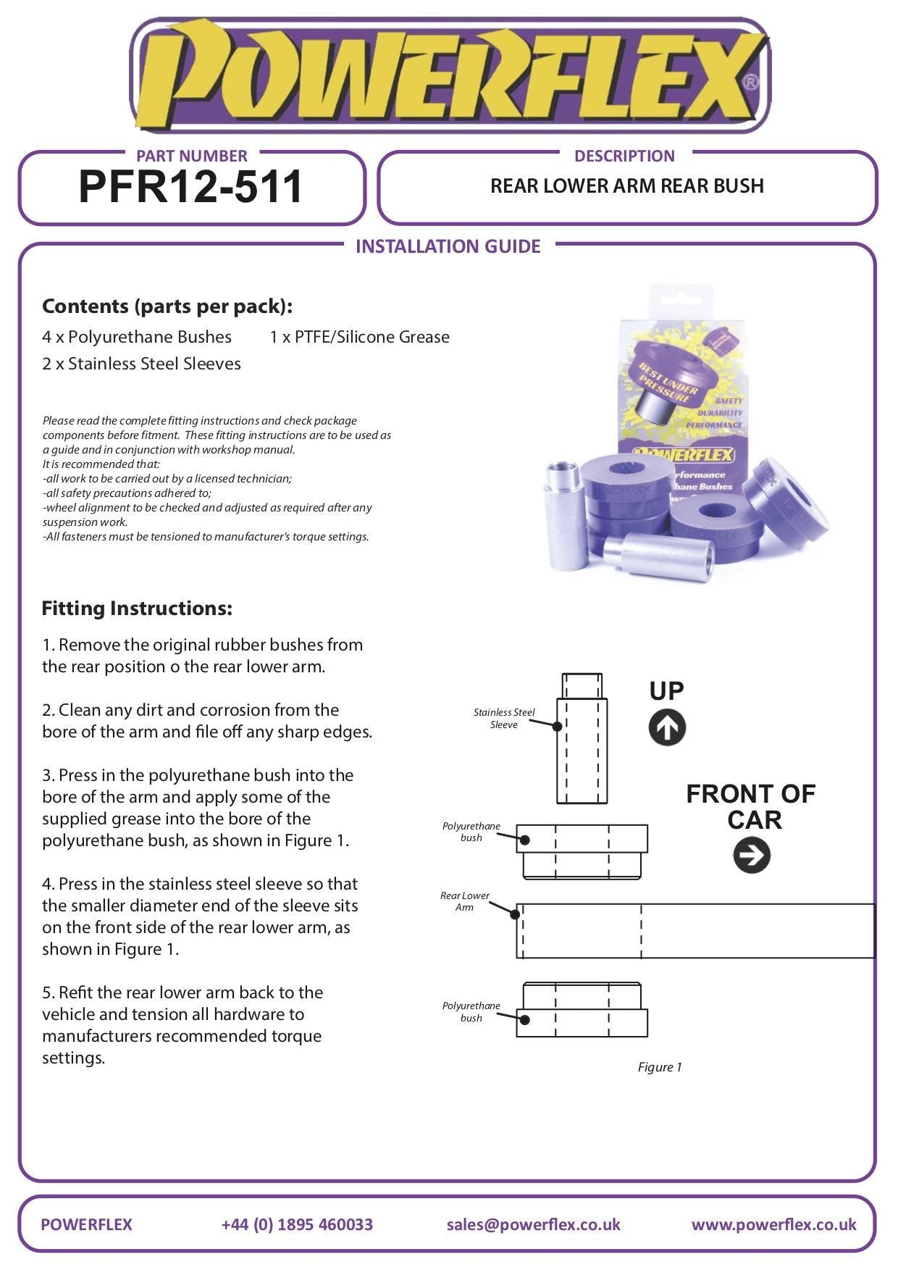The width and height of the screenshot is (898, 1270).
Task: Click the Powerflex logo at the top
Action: (x=449, y=76)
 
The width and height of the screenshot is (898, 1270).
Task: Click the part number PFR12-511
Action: (x=190, y=187)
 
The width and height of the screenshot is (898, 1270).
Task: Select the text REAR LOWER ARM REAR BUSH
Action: (x=626, y=186)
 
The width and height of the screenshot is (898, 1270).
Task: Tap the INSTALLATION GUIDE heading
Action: (x=448, y=246)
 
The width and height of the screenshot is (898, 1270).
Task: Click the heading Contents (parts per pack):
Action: (x=167, y=306)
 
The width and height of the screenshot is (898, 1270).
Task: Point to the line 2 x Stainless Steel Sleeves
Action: (x=141, y=364)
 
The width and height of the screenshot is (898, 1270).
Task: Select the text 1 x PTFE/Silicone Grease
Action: (x=359, y=337)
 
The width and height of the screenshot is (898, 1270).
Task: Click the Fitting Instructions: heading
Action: (x=137, y=608)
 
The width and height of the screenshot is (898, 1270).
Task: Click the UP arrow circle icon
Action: (x=667, y=727)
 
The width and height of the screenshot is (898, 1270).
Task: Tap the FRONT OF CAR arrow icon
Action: (x=752, y=855)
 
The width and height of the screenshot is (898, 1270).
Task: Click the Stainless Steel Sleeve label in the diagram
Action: (x=504, y=718)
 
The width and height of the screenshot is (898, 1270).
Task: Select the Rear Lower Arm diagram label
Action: (x=464, y=901)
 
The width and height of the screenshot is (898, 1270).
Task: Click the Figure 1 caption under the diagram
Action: (x=660, y=1067)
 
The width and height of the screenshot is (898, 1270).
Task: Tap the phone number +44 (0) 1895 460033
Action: (x=297, y=1224)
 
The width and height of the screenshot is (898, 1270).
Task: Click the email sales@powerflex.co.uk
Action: (x=533, y=1224)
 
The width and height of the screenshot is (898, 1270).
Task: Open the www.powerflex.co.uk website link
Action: (x=773, y=1224)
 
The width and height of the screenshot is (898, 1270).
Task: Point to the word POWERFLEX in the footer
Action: (x=86, y=1224)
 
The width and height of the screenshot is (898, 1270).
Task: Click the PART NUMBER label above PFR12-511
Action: (x=191, y=156)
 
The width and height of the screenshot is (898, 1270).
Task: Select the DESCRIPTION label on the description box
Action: (x=624, y=156)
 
